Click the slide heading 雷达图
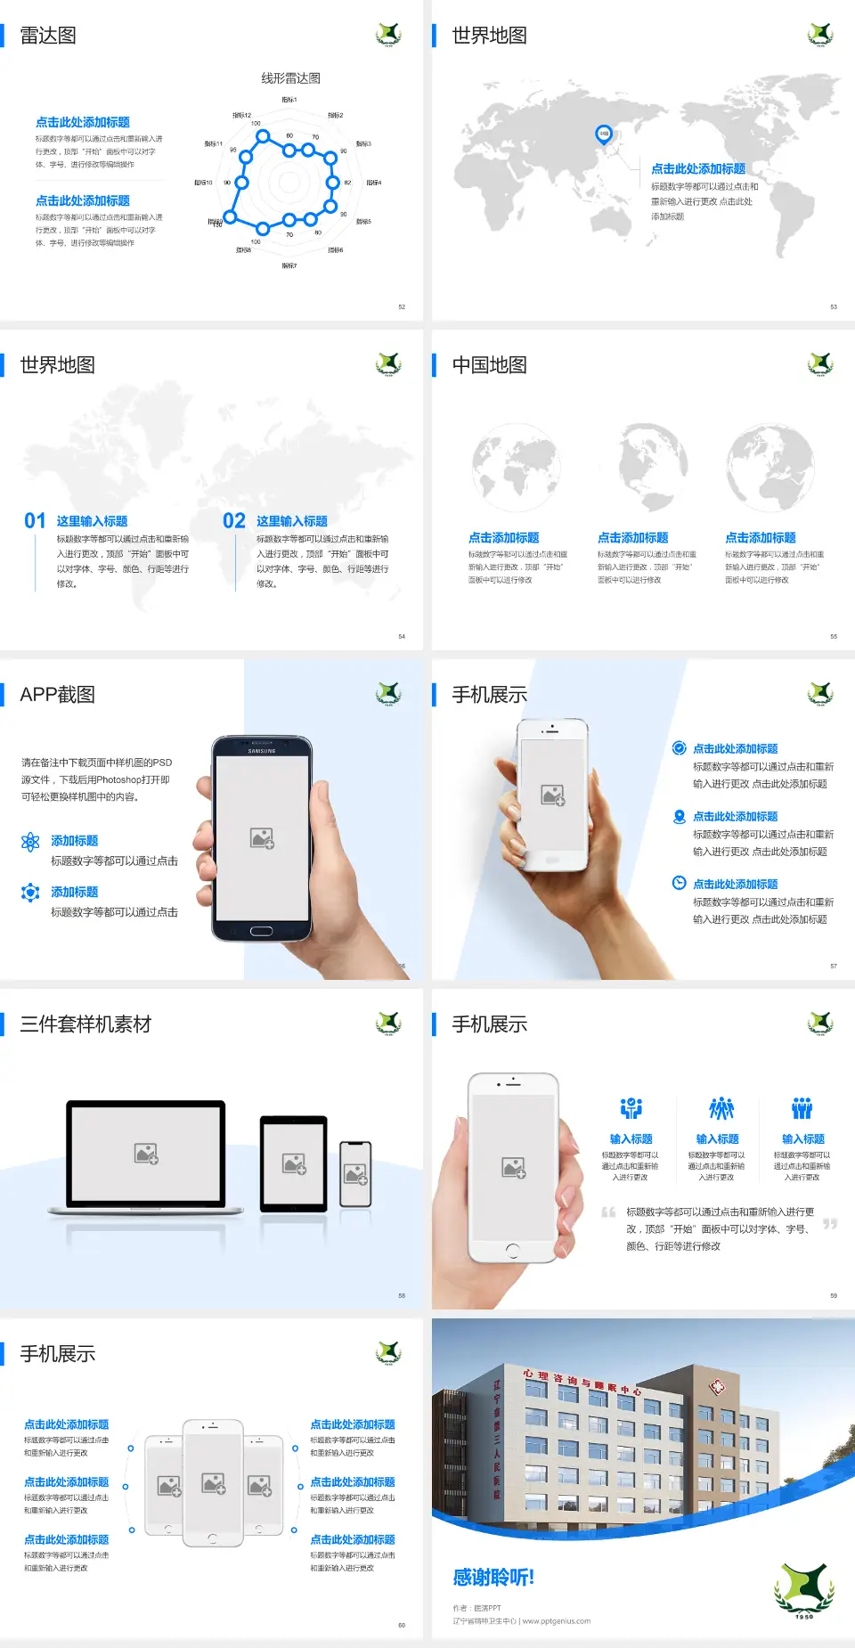coord(48,36)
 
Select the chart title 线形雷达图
coord(290,78)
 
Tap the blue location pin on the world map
coord(604,135)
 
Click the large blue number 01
coord(35,521)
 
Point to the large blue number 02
coord(234,521)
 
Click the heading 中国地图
coord(489,365)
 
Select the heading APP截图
coord(58,695)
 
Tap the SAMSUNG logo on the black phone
coord(262,751)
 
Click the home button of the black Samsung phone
coord(261,931)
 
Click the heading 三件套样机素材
coord(85,1024)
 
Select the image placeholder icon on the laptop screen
coord(146,1154)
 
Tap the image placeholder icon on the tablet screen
coord(294,1163)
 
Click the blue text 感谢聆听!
coord(493,1578)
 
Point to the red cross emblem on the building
coord(717,1387)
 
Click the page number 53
coord(834,307)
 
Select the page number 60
coord(402,1626)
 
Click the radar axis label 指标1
coord(289,100)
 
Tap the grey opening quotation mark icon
coord(608,1212)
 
